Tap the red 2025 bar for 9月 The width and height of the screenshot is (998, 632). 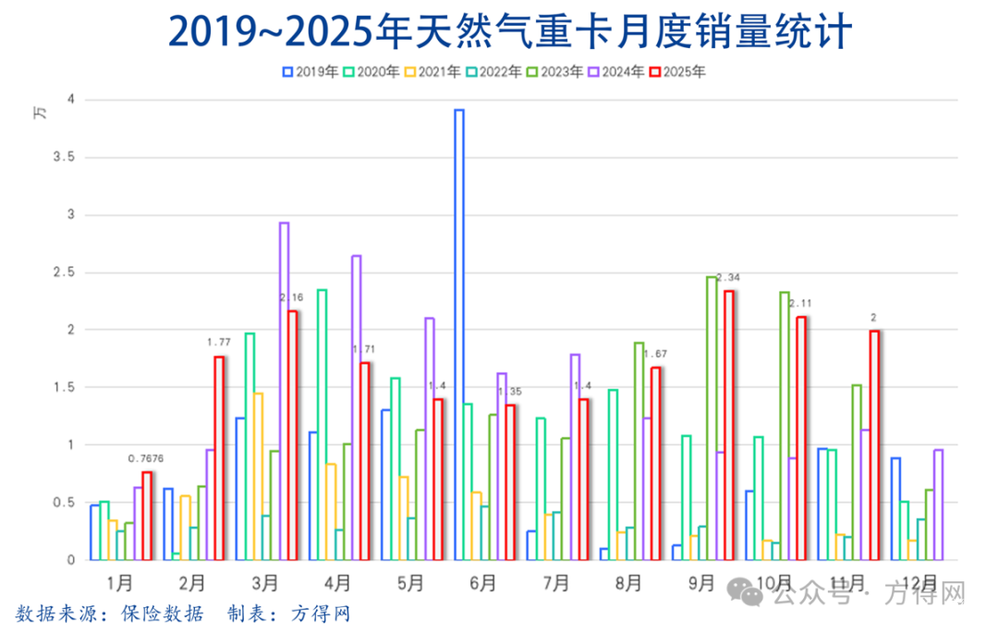(729, 425)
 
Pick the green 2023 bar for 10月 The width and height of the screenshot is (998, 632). (785, 426)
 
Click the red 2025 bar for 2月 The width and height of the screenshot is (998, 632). (219, 458)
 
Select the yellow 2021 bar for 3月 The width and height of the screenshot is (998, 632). (258, 476)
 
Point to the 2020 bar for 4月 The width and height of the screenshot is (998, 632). (322, 424)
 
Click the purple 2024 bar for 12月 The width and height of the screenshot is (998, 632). (939, 504)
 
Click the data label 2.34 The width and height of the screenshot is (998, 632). (728, 277)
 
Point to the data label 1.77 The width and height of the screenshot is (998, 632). (219, 343)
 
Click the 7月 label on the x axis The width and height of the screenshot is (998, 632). (555, 584)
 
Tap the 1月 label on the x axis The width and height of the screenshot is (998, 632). (119, 584)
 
